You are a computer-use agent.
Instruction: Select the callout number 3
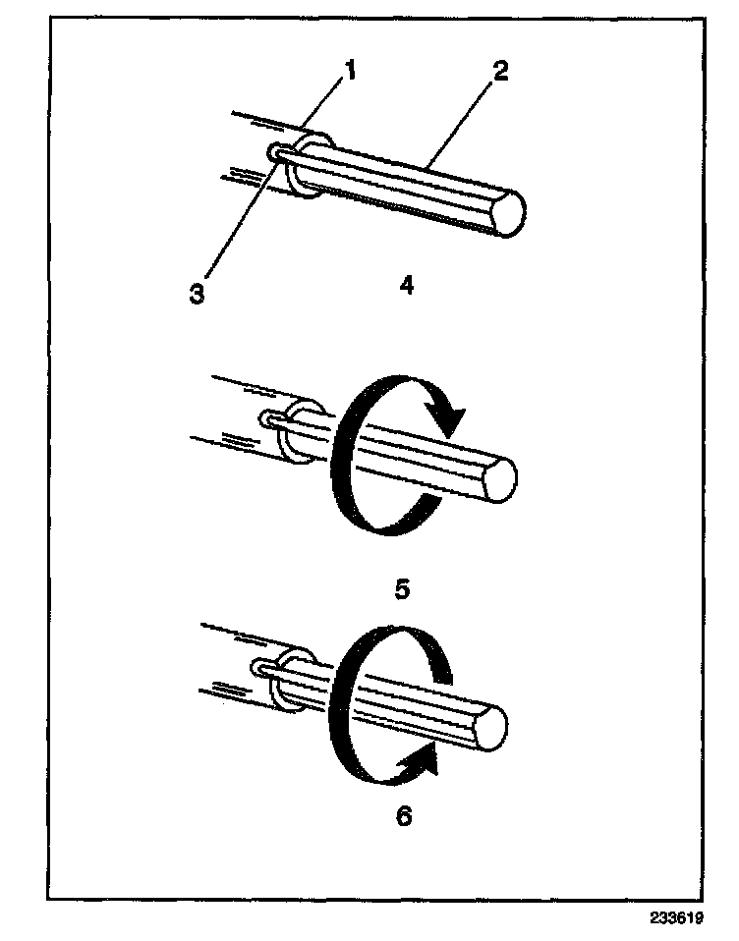coord(198,294)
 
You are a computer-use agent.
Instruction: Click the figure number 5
coord(403,588)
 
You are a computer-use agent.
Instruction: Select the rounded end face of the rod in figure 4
coord(508,213)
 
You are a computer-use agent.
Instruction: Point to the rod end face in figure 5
coord(501,478)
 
